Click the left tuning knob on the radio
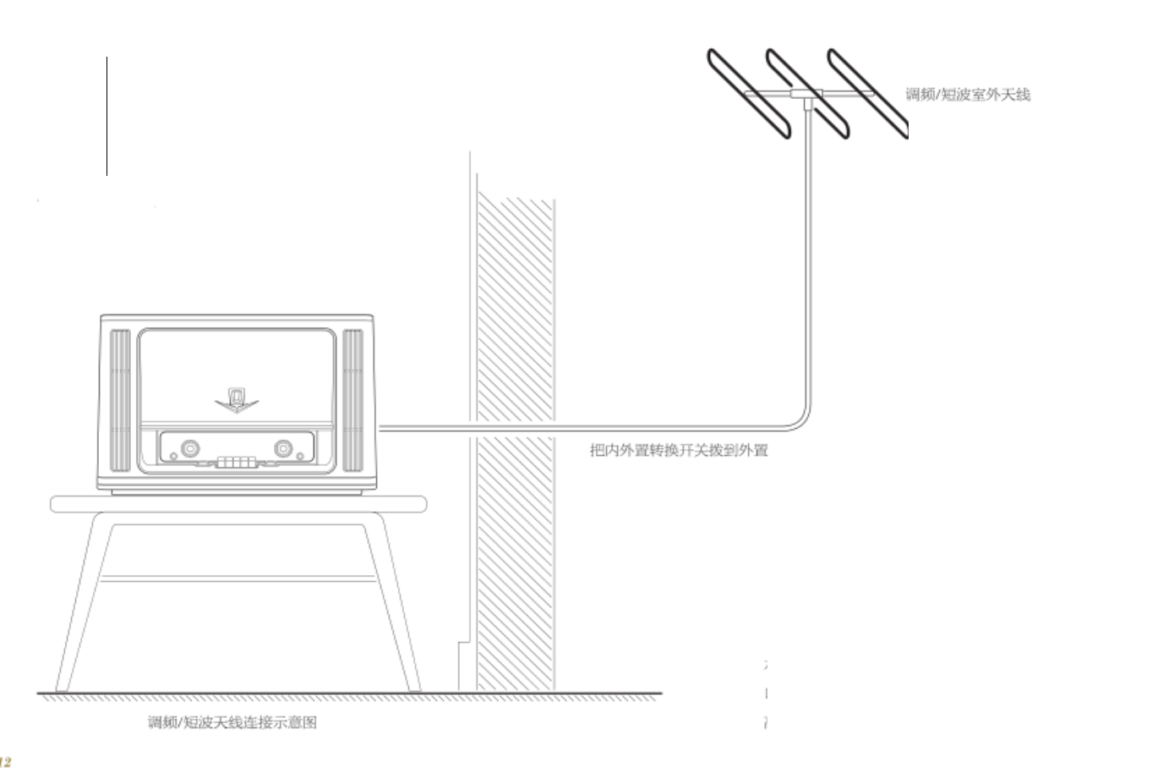tap(191, 447)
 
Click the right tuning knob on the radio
tap(282, 447)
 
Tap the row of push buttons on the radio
tap(236, 463)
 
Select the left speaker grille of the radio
tap(120, 400)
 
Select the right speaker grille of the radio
tap(352, 400)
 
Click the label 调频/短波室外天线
tap(968, 95)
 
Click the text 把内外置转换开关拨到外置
tap(679, 450)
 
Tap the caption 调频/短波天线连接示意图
tap(232, 722)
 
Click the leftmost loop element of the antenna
tap(747, 93)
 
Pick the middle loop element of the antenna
tap(807, 93)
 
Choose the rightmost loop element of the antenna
tap(867, 93)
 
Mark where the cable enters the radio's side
tap(378, 428)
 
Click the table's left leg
tap(76, 605)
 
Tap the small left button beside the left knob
tap(173, 457)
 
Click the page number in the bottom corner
tap(6, 762)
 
